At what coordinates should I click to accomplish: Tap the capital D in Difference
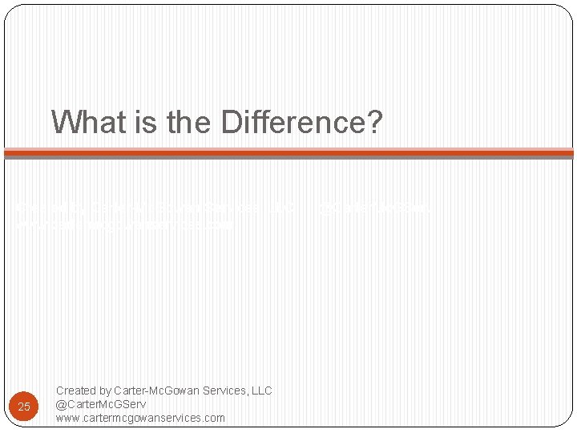coord(231,122)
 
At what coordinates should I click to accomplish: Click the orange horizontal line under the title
coord(288,152)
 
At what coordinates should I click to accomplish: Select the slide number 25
coord(24,407)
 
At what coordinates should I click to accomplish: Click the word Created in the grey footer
coord(75,391)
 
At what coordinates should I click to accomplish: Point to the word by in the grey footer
coord(105,391)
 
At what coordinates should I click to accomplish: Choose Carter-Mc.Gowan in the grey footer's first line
coord(158,391)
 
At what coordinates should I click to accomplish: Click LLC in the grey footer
coord(261,391)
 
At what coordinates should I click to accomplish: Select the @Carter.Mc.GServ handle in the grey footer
coord(101,404)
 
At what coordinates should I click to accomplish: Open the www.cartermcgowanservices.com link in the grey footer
coord(140,418)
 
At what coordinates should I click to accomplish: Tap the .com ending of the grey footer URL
coord(214,418)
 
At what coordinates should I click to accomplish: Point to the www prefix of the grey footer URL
coord(67,418)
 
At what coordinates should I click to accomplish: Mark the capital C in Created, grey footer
coord(60,391)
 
